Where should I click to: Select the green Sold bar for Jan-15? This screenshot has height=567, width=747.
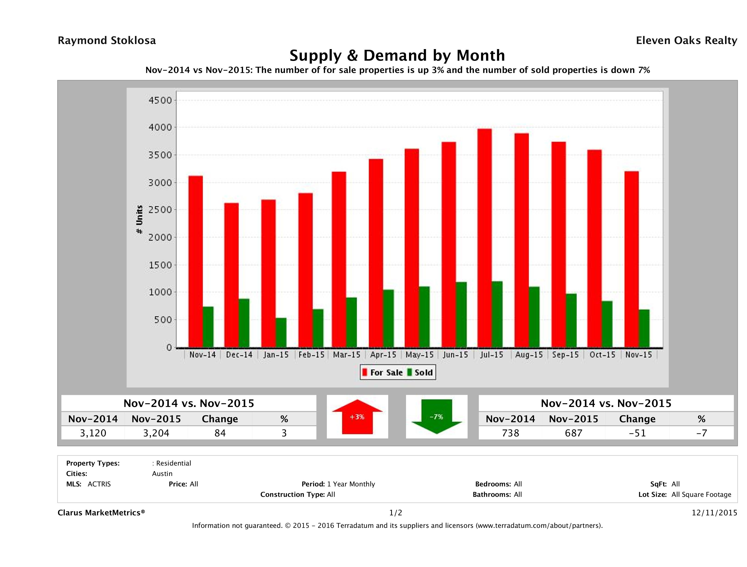[281, 333]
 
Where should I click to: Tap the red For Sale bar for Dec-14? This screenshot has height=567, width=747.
[231, 275]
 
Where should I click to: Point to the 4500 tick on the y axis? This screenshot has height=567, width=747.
[161, 100]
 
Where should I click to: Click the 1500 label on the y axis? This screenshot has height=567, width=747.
[161, 265]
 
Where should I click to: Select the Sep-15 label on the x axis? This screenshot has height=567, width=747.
[565, 355]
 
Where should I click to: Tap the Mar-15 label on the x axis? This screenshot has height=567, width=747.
[347, 355]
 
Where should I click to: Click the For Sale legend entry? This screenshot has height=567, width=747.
[383, 372]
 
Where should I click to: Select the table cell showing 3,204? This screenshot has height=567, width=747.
[156, 433]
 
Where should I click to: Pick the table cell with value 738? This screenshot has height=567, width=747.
[510, 433]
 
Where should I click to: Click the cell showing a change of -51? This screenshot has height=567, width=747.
[637, 433]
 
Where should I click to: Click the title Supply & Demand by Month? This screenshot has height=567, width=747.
[397, 55]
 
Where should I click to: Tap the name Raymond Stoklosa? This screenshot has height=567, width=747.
[107, 41]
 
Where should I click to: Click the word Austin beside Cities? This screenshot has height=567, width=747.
[162, 474]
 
